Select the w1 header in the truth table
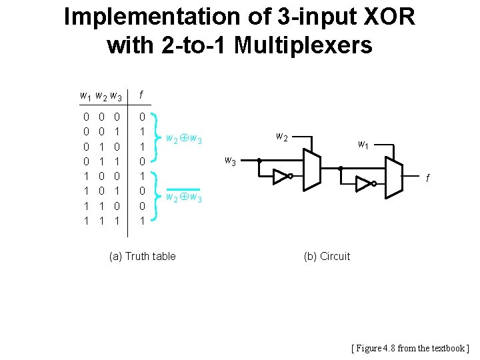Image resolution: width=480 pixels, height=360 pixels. [85, 96]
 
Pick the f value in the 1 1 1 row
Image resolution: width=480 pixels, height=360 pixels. [141, 220]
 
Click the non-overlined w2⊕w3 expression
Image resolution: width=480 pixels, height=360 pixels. [183, 139]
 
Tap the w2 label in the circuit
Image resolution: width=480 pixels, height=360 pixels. [281, 137]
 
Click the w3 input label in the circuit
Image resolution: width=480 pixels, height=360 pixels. [229, 160]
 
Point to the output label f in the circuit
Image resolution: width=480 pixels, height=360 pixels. [427, 179]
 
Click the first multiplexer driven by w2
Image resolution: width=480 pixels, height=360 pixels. [311, 169]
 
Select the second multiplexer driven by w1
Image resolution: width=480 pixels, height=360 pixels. [394, 175]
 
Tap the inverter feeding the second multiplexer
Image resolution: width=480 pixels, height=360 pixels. [366, 183]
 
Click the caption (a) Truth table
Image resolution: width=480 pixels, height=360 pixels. [142, 256]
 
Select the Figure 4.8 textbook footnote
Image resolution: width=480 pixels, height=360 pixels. [410, 348]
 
